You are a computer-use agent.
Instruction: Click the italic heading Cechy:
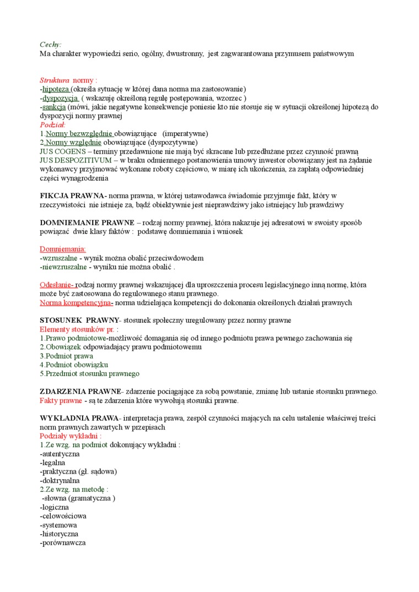click(51, 44)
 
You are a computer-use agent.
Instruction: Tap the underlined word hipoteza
click(56, 89)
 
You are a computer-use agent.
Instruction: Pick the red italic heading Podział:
click(52, 124)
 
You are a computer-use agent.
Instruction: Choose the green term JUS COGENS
click(63, 151)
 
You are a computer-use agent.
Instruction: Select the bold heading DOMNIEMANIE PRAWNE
click(87, 222)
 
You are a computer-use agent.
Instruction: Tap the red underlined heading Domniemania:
click(59, 249)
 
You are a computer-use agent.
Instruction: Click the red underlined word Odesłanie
click(57, 285)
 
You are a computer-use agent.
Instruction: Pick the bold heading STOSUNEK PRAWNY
click(79, 320)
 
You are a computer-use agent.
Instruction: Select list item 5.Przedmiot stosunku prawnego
click(89, 373)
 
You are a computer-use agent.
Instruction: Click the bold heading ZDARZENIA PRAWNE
click(80, 392)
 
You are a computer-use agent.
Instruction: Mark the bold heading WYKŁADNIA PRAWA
click(79, 418)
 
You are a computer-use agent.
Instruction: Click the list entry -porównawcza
click(63, 542)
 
